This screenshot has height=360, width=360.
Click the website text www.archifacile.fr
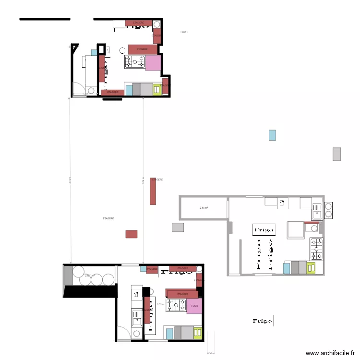click(x=331, y=353)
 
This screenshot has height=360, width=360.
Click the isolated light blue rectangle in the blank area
click(x=272, y=135)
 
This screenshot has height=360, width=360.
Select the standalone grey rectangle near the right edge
click(x=336, y=154)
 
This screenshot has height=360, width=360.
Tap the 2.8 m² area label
click(x=204, y=208)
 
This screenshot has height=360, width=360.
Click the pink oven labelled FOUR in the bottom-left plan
click(x=194, y=306)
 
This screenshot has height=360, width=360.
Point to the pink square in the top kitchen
click(x=153, y=63)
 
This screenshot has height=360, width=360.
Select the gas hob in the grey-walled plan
click(x=316, y=247)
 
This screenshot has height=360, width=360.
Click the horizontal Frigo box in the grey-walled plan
click(x=264, y=230)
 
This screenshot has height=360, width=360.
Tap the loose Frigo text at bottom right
click(x=262, y=321)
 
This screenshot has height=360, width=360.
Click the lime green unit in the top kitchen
click(x=157, y=89)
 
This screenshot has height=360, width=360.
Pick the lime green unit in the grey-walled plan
click(x=312, y=267)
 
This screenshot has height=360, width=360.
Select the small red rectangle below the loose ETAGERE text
click(x=132, y=234)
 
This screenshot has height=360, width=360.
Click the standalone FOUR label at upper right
click(x=184, y=32)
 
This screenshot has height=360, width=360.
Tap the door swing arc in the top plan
click(x=76, y=89)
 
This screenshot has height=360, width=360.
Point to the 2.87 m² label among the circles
click(x=90, y=276)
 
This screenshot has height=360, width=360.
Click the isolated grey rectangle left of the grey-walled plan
click(x=178, y=228)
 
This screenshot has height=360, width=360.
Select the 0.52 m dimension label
click(x=161, y=304)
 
